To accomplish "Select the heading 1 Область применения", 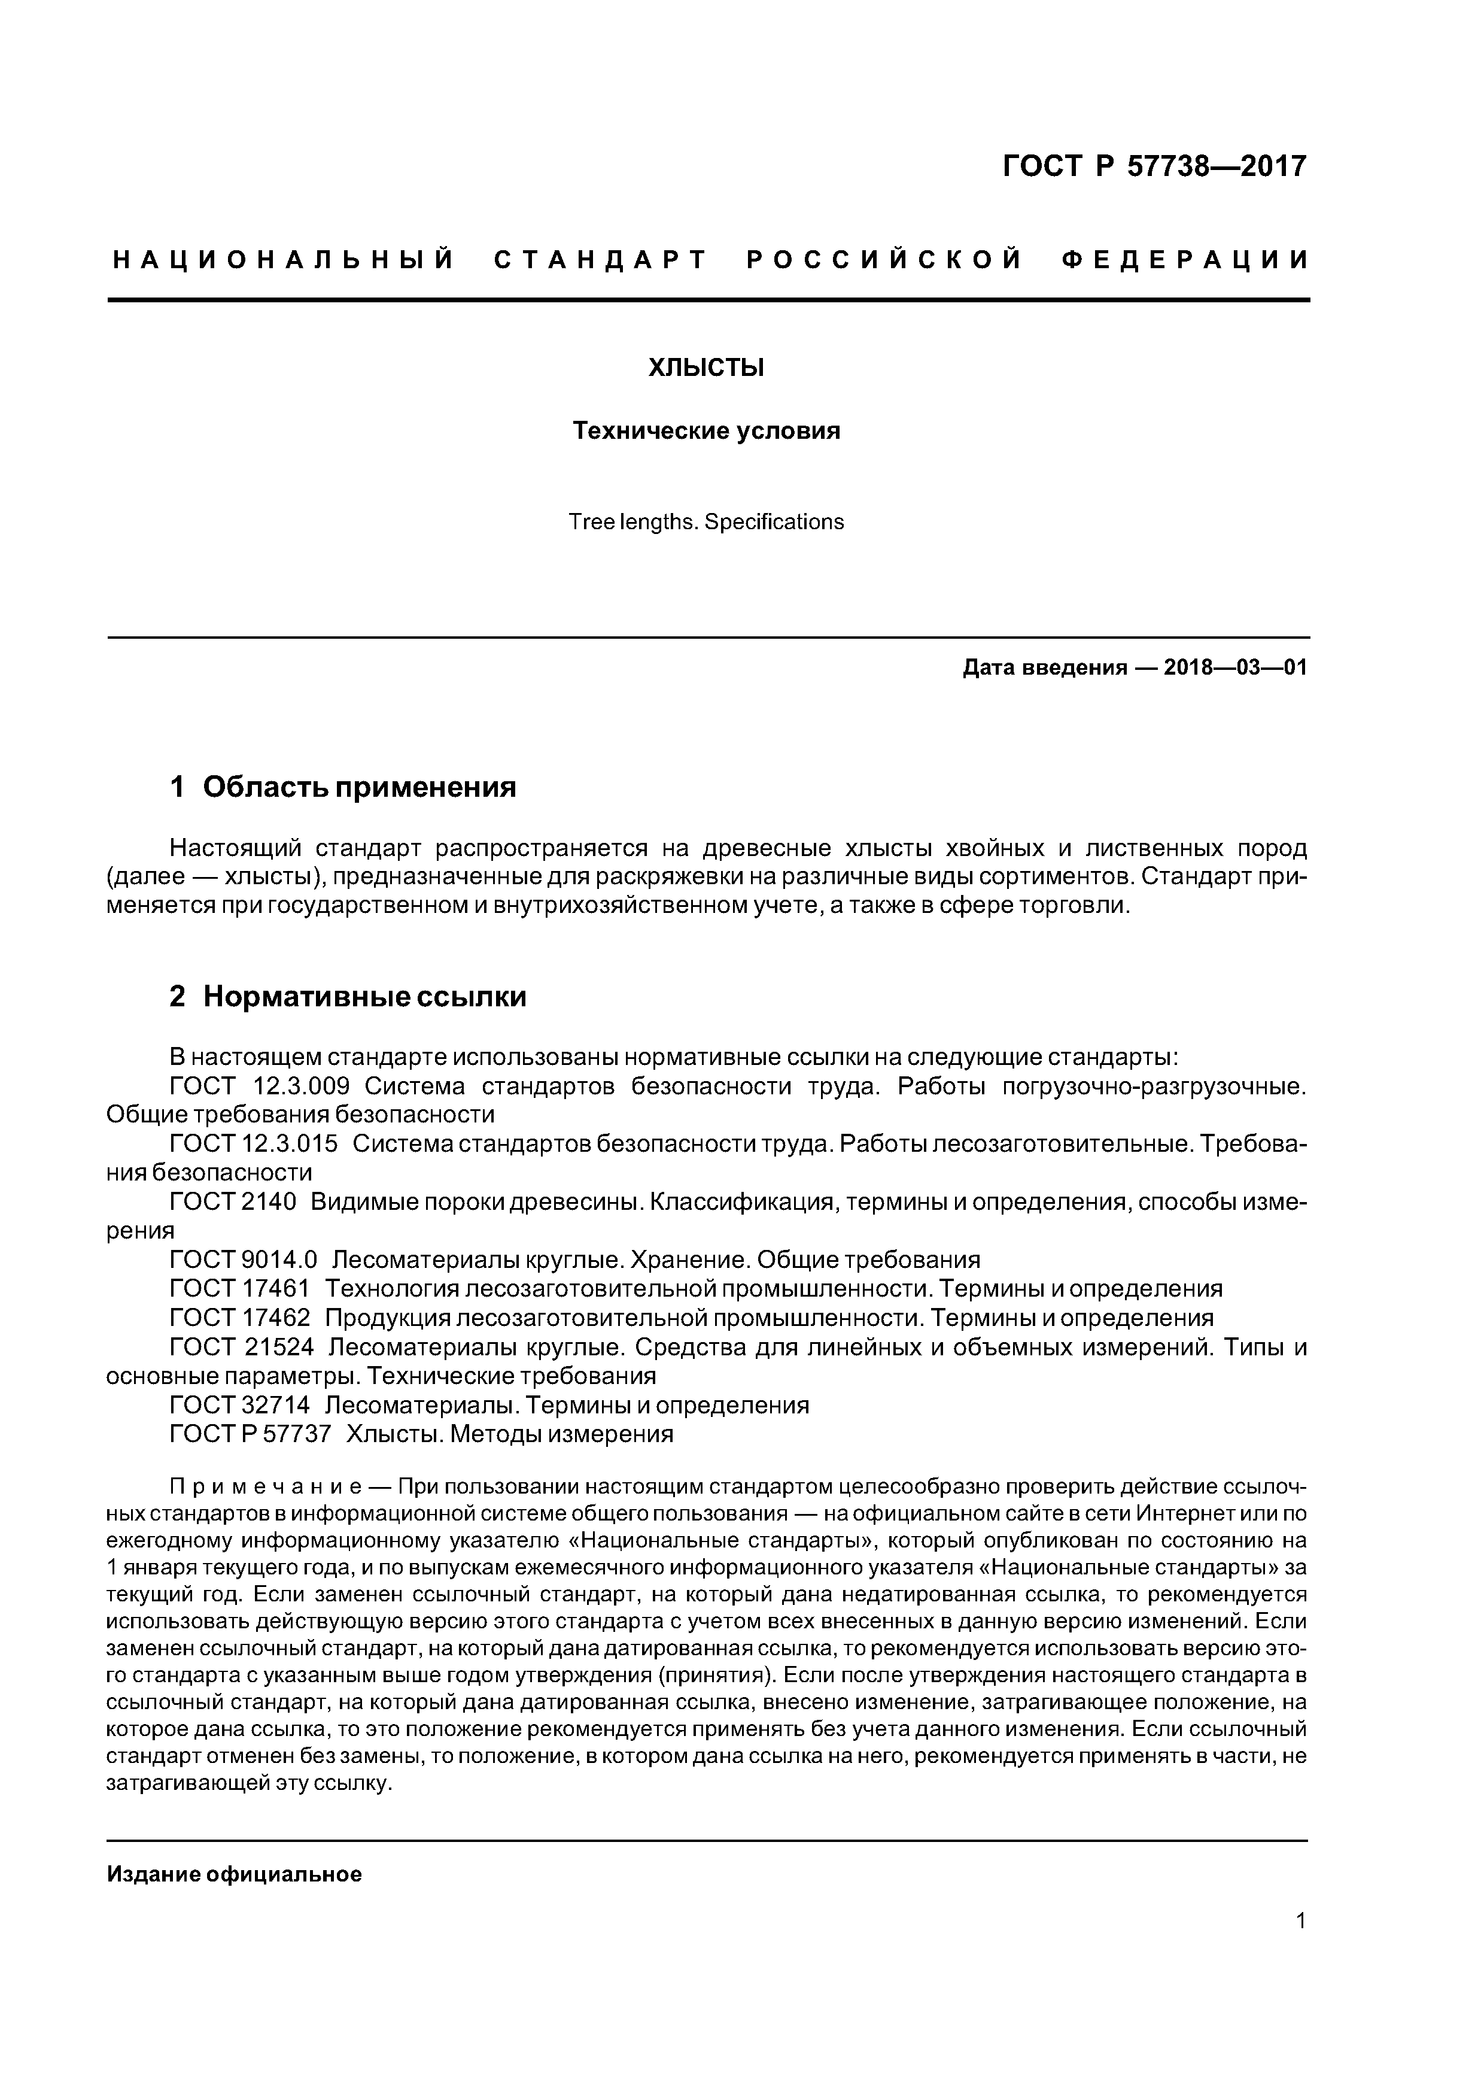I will click(x=343, y=787).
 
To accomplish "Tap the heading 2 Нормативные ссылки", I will click(x=348, y=996).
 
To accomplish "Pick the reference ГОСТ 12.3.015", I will click(x=253, y=1144).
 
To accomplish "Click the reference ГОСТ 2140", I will click(x=233, y=1202).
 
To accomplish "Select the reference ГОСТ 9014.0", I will click(x=243, y=1260).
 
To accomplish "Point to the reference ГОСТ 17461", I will click(x=239, y=1289).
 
